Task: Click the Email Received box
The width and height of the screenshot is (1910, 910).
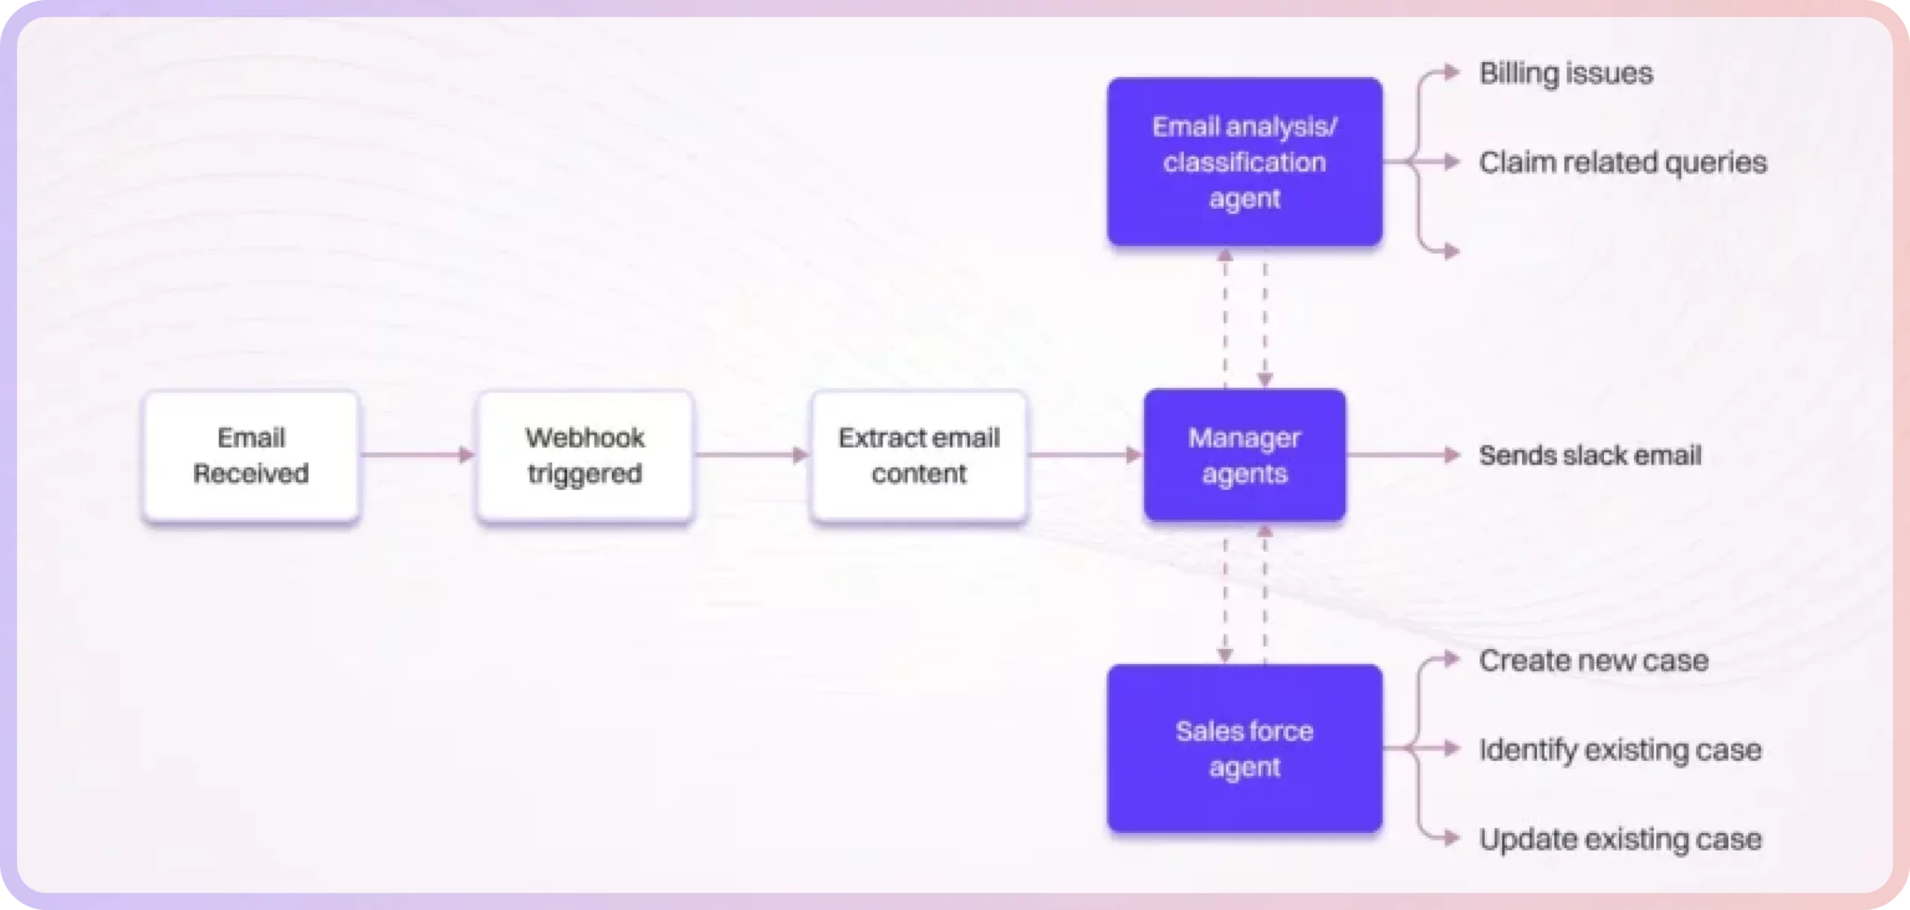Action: pyautogui.click(x=251, y=455)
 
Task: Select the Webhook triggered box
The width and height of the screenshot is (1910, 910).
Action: pyautogui.click(x=585, y=455)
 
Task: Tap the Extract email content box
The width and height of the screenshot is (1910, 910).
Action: pyautogui.click(x=918, y=455)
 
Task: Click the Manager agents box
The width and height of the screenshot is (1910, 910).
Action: pyautogui.click(x=1244, y=455)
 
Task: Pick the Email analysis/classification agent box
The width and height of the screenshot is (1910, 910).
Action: pyautogui.click(x=1244, y=162)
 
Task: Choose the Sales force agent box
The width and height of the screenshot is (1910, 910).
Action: pyautogui.click(x=1244, y=748)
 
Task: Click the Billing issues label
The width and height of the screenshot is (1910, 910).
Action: pyautogui.click(x=1565, y=73)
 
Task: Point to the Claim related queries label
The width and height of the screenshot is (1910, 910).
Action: pyautogui.click(x=1622, y=163)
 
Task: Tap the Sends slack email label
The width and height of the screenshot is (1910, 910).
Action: pyautogui.click(x=1590, y=455)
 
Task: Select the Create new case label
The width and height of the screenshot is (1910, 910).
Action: pyautogui.click(x=1593, y=660)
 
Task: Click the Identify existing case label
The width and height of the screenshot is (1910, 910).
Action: pyautogui.click(x=1620, y=750)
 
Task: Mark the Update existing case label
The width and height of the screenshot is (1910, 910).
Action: pyautogui.click(x=1620, y=839)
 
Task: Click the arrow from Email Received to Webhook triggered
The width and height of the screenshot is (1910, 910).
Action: pyautogui.click(x=417, y=455)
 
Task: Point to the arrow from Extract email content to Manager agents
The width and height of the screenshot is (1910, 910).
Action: pyautogui.click(x=1085, y=455)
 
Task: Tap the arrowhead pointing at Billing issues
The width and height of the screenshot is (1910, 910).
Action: pyautogui.click(x=1452, y=72)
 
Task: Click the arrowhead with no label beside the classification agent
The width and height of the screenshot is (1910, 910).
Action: pyautogui.click(x=1452, y=252)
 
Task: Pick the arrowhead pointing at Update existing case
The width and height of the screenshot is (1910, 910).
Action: pyautogui.click(x=1452, y=838)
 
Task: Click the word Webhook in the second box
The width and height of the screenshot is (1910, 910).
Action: pyautogui.click(x=585, y=438)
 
